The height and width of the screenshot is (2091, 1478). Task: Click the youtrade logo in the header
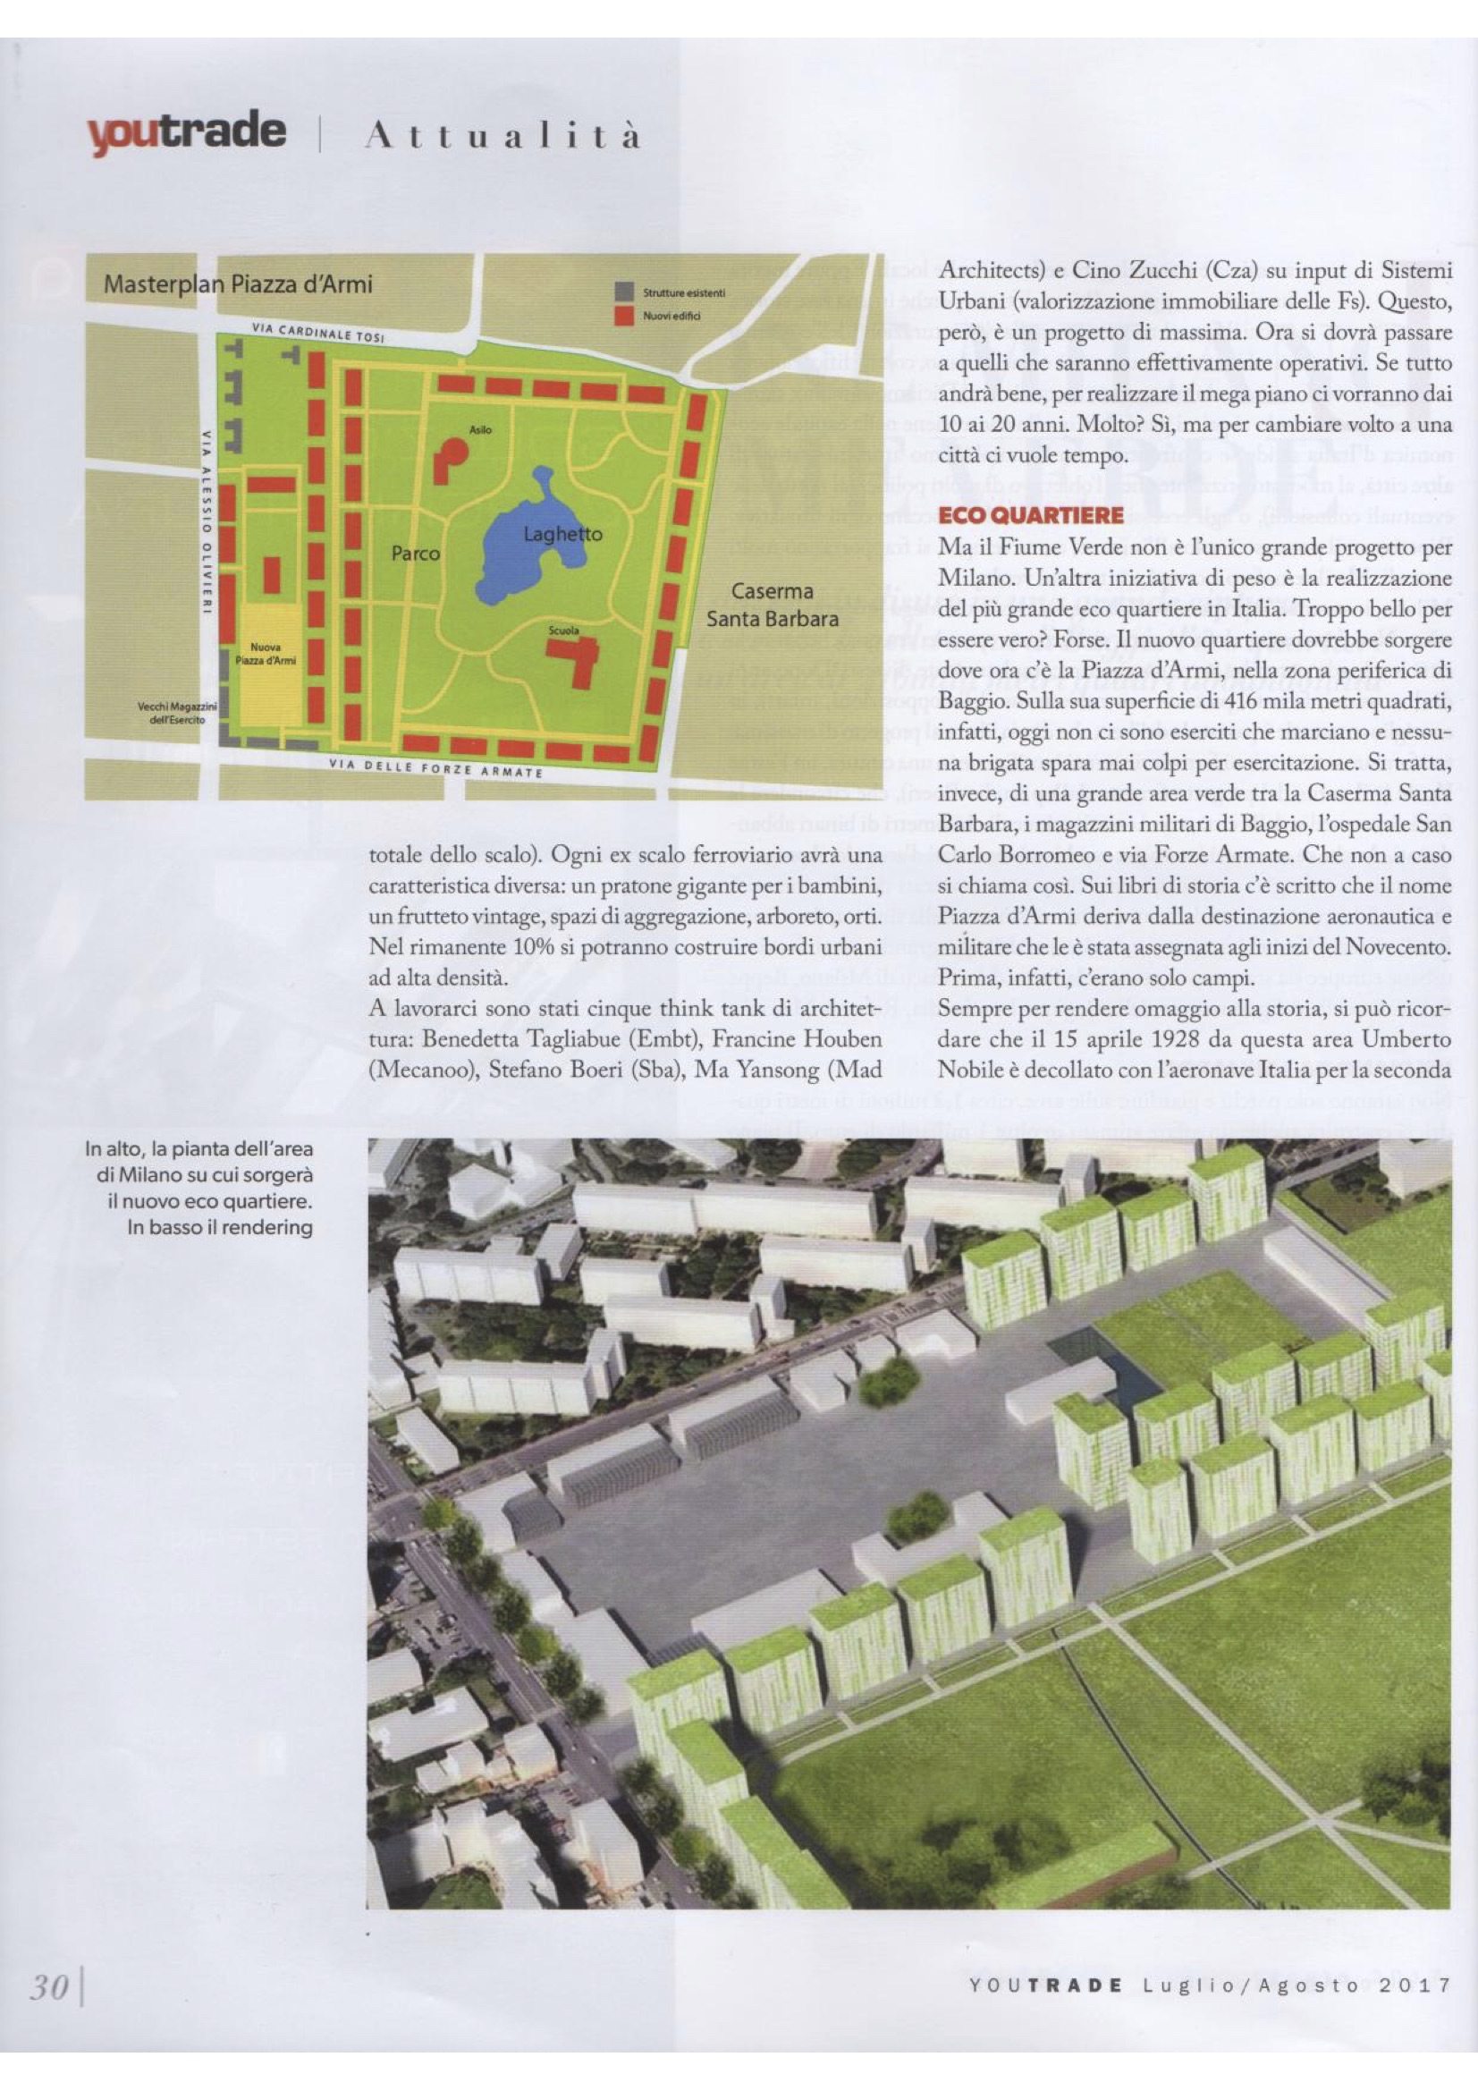[x=186, y=133]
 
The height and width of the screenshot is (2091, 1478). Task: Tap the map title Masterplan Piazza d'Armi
[x=239, y=284]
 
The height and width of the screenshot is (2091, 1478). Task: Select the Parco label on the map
[x=415, y=553]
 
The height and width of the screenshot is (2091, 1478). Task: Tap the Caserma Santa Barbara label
[x=773, y=605]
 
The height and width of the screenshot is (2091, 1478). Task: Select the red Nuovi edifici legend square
[x=625, y=316]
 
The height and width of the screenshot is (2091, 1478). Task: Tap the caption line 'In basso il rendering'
[x=220, y=1227]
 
